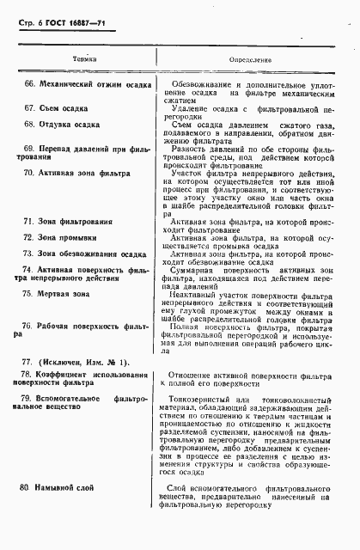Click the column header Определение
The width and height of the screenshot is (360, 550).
point(250,60)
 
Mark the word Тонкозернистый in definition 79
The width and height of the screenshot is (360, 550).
point(203,400)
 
